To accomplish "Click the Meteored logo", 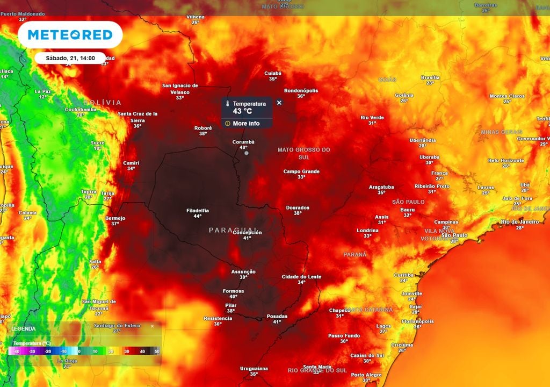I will pyautogui.click(x=70, y=35).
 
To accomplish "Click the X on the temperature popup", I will pyautogui.click(x=279, y=102).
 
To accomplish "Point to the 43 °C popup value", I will pyautogui.click(x=242, y=111).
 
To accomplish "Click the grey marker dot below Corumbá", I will pyautogui.click(x=247, y=153).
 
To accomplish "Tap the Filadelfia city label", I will pyautogui.click(x=198, y=210).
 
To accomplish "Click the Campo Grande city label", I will pyautogui.click(x=301, y=171).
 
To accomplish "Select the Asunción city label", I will pyautogui.click(x=243, y=272).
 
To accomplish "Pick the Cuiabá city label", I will pyautogui.click(x=273, y=73).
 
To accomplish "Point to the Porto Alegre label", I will pyautogui.click(x=366, y=375).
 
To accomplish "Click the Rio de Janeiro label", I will pyautogui.click(x=519, y=221).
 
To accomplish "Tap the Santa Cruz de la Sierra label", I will pyautogui.click(x=137, y=117).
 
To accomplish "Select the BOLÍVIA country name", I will pyautogui.click(x=103, y=102).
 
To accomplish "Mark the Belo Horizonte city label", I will pyautogui.click(x=505, y=160).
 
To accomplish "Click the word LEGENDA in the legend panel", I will pyautogui.click(x=24, y=328).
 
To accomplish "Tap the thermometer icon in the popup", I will pyautogui.click(x=228, y=104).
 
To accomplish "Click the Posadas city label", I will pyautogui.click(x=277, y=316).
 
